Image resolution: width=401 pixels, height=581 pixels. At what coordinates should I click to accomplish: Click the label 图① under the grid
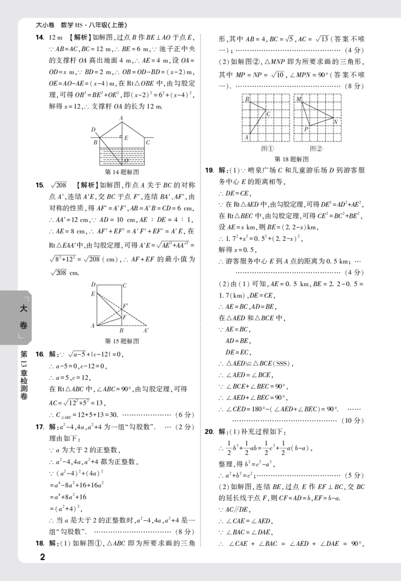[267, 149]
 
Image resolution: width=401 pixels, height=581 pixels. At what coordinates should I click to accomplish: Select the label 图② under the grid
[316, 149]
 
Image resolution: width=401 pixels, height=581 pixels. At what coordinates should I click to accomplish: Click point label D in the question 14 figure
[93, 129]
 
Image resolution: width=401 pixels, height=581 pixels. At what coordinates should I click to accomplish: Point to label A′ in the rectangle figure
[146, 331]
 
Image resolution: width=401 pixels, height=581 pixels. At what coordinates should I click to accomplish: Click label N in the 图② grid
[335, 121]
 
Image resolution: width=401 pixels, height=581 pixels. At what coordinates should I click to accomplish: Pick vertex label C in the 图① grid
[269, 114]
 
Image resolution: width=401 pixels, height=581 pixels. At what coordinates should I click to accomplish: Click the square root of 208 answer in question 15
[59, 185]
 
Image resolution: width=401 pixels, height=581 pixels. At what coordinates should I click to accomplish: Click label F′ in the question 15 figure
[126, 305]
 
